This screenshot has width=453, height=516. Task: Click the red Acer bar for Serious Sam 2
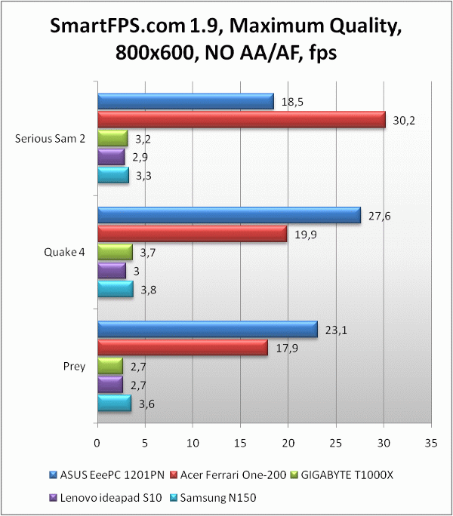(242, 120)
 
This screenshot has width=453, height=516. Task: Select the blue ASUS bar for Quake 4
(229, 215)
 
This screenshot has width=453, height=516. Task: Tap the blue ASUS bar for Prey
(208, 329)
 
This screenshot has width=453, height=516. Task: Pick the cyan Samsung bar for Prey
(114, 404)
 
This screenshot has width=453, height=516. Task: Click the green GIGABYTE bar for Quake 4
(115, 252)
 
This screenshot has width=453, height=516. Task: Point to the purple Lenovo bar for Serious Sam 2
(111, 157)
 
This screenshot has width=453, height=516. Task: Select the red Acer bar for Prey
(183, 347)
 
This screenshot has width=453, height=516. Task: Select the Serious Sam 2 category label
(51, 139)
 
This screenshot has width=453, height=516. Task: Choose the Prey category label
(74, 367)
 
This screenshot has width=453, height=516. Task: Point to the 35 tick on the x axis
(431, 442)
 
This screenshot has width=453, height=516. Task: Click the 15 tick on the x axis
(241, 442)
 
